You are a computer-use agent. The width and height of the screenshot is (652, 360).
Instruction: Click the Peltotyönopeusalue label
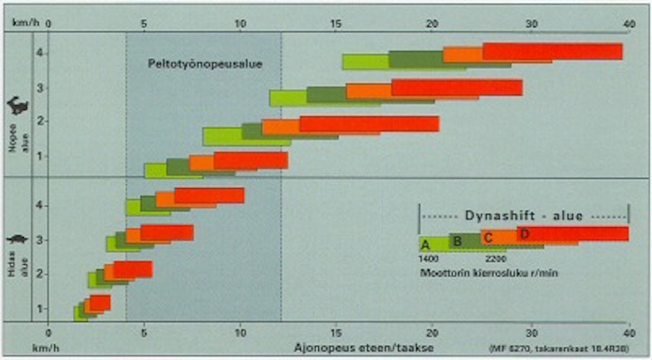point(205,64)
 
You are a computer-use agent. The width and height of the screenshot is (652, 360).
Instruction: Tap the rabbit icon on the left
point(17,106)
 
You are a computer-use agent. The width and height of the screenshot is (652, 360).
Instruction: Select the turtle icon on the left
point(17,239)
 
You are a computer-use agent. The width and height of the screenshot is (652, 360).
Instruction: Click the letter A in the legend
point(425,245)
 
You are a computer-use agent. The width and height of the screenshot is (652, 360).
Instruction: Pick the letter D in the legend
point(525,234)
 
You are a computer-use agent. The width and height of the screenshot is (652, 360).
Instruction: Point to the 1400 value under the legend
point(428,259)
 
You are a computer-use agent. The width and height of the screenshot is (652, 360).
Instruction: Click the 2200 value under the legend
point(496,259)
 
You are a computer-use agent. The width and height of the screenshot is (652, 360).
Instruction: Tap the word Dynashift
point(500,216)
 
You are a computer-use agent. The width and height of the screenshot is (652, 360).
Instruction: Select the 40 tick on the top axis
point(629,24)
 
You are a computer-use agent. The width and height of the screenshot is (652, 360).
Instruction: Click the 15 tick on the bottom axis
point(336,333)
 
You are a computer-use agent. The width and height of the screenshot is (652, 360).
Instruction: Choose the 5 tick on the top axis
point(144,24)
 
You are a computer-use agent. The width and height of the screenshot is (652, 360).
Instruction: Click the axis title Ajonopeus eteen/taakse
point(364,348)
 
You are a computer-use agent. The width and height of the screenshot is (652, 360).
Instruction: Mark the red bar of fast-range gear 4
point(552,51)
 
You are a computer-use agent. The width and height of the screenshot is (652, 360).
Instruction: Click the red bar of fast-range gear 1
point(251,160)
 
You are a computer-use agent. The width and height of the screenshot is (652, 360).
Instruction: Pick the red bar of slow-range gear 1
point(100,302)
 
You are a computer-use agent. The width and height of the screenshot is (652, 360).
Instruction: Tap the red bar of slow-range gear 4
point(209,195)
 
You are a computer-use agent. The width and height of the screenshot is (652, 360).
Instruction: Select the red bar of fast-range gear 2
point(369,124)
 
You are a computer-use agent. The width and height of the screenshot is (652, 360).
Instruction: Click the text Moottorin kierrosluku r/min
point(489,273)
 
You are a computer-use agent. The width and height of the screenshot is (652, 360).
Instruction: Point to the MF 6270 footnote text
point(559,349)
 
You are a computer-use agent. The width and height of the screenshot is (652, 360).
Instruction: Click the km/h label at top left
point(26,23)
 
